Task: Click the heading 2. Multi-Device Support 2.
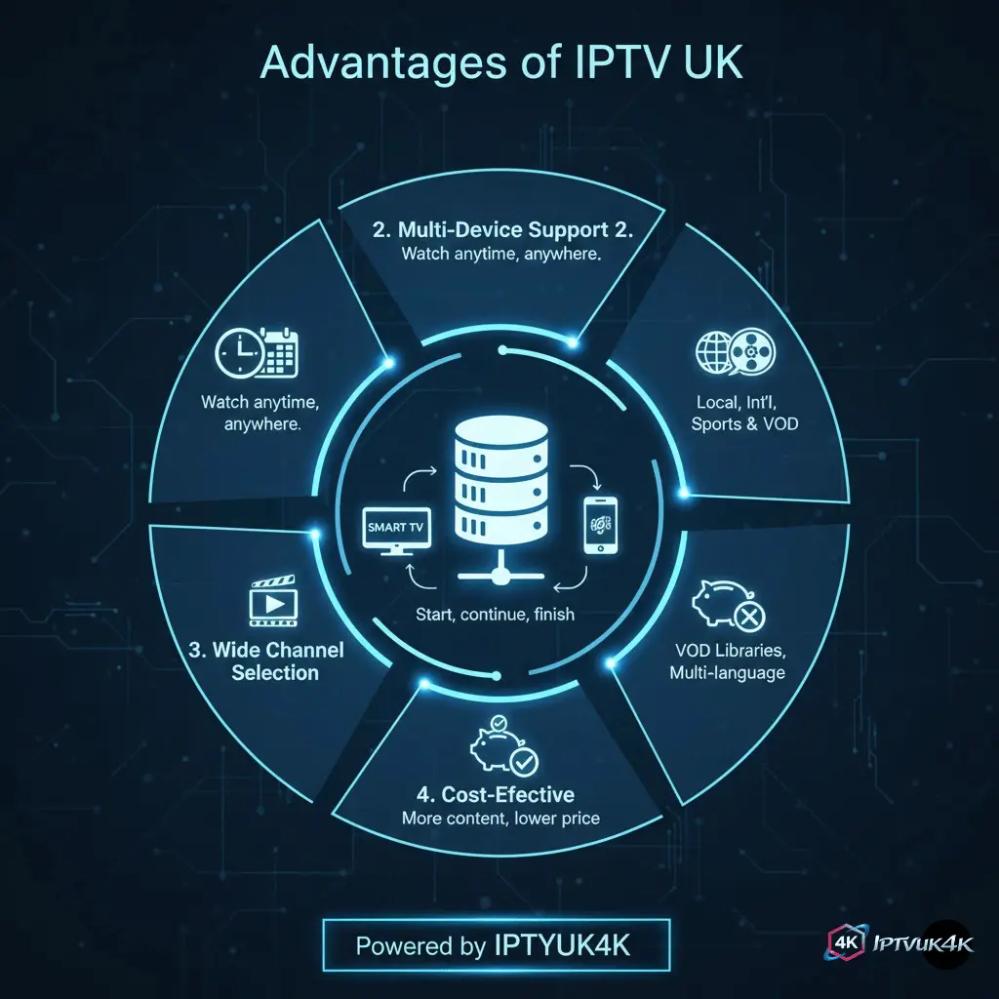coord(503,231)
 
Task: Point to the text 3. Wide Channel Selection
coord(277,660)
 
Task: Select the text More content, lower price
coord(499,819)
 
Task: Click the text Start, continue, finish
coord(495,615)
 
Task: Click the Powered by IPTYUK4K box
coord(498,945)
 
